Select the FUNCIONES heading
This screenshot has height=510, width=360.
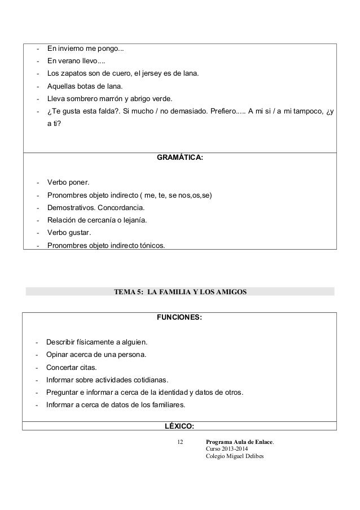pyautogui.click(x=179, y=318)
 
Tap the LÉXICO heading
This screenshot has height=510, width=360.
pyautogui.click(x=179, y=425)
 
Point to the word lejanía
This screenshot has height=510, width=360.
pyautogui.click(x=133, y=220)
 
